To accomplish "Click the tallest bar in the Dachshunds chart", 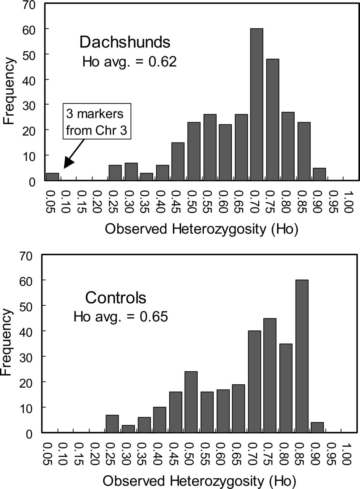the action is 257,105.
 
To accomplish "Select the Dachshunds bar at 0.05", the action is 52,177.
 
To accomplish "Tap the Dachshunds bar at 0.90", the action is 319,174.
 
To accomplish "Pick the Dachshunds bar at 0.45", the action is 178,162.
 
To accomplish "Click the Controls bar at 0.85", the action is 302,356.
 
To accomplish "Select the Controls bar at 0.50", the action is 191,402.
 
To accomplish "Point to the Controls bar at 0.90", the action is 317,427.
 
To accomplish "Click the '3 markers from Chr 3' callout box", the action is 97,121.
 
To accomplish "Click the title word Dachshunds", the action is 125,42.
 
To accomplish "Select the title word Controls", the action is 115,298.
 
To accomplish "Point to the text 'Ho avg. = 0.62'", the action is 129,62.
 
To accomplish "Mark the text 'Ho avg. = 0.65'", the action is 121,317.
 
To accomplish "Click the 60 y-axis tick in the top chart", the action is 29,29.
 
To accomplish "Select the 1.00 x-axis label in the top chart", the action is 349,202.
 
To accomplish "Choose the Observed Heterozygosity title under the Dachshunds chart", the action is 202,229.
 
